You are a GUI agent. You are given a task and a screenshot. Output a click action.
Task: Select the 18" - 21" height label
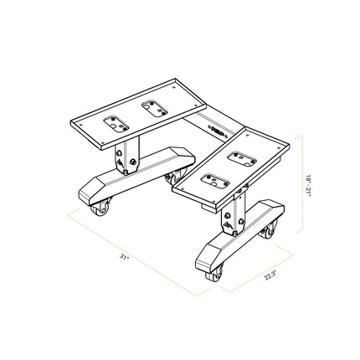pyautogui.click(x=309, y=183)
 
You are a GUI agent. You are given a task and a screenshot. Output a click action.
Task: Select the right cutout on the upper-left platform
pyautogui.click(x=152, y=105)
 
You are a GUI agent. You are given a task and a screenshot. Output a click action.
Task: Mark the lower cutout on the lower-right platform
pyautogui.click(x=214, y=178)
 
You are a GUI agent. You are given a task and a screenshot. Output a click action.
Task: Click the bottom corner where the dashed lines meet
pyautogui.click(x=198, y=297)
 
